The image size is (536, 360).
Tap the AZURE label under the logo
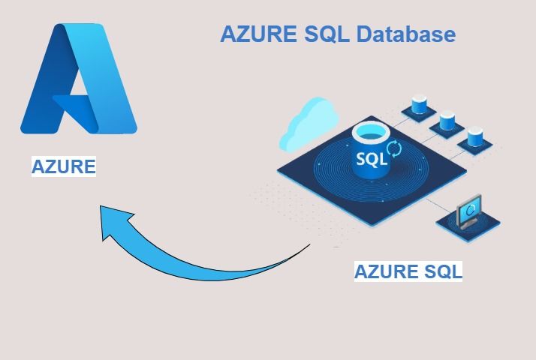point(64,166)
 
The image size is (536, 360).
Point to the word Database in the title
point(405,34)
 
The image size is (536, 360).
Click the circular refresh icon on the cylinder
point(393,148)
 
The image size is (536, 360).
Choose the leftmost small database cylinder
point(419,103)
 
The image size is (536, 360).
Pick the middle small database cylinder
point(447,119)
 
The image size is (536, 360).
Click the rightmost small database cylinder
point(474,136)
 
